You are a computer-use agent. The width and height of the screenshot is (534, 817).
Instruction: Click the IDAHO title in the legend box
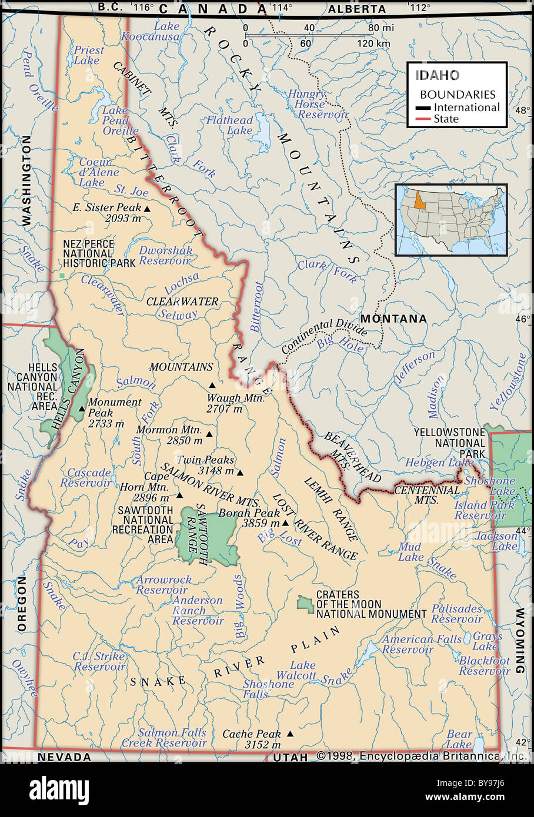tap(438, 75)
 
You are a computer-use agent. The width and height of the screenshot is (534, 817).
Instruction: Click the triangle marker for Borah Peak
tap(285, 523)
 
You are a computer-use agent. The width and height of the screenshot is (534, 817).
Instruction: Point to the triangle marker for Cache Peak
tap(289, 734)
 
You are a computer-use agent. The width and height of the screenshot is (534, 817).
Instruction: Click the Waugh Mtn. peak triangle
tap(212, 386)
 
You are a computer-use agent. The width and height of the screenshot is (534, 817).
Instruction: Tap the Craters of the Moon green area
tap(305, 604)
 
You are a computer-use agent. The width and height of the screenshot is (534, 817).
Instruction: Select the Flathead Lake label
tap(229, 125)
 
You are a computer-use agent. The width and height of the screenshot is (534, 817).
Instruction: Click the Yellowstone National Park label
tap(449, 443)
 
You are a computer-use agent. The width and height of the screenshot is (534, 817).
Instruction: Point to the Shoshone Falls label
tap(268, 689)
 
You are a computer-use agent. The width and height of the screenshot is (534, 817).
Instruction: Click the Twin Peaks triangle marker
tap(240, 472)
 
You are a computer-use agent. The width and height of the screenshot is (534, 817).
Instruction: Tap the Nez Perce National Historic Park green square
tap(62, 275)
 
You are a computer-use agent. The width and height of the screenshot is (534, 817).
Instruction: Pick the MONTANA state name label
tap(393, 319)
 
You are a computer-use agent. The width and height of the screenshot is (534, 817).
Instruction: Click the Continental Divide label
tap(323, 336)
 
